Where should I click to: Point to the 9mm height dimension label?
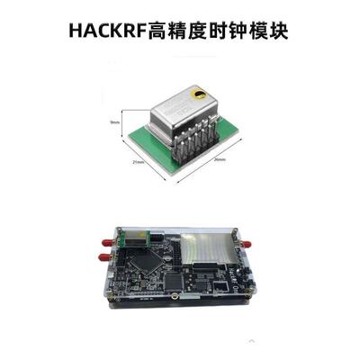[x=113, y=122]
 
